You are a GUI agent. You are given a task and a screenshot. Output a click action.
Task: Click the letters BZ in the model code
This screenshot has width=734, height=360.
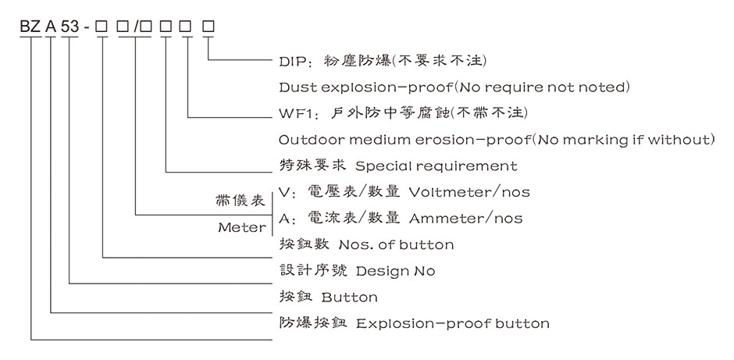coord(30,27)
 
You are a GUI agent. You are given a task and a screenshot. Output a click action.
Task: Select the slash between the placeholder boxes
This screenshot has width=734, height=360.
coord(137,27)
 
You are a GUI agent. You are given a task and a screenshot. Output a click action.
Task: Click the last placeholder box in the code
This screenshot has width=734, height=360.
coord(208,27)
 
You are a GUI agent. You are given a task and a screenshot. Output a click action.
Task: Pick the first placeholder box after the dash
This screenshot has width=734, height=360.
coord(102,27)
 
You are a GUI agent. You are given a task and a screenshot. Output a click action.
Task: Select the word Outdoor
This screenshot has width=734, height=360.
coord(309,140)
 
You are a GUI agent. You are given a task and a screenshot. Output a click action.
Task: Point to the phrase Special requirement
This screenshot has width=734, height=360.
coord(436,166)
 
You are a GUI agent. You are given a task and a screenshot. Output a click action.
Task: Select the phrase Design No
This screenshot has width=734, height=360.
coord(396,271)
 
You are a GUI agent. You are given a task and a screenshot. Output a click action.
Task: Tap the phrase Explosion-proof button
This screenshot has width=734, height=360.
coord(453,323)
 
